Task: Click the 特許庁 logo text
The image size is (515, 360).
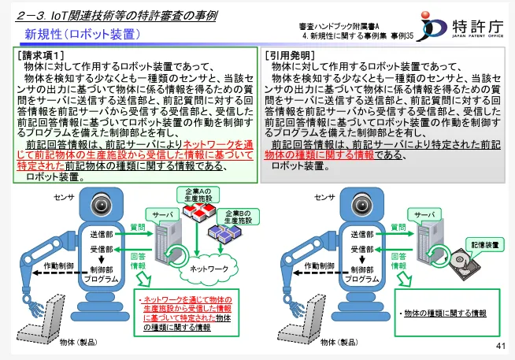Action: pyautogui.click(x=477, y=26)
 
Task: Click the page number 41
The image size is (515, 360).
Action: pyautogui.click(x=501, y=346)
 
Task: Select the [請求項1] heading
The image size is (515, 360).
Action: pyautogui.click(x=41, y=55)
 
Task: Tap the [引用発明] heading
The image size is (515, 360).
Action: pyautogui.click(x=291, y=55)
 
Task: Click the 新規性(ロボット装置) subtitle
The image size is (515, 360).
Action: pyautogui.click(x=83, y=35)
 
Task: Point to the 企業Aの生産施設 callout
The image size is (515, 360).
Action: pyautogui.click(x=198, y=195)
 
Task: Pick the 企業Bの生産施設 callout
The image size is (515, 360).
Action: pyautogui.click(x=238, y=217)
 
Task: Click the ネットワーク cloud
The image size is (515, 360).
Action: pyautogui.click(x=209, y=269)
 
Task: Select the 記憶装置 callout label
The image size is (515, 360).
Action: pyautogui.click(x=485, y=245)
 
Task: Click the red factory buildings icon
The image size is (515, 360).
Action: pyautogui.click(x=198, y=211)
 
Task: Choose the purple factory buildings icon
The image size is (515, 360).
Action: pyautogui.click(x=224, y=233)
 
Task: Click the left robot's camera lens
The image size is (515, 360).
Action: pyautogui.click(x=102, y=205)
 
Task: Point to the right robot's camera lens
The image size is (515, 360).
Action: pyautogui.click(x=361, y=205)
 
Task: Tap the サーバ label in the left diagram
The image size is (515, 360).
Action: pyautogui.click(x=162, y=215)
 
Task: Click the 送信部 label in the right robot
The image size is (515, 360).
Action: pyautogui.click(x=362, y=234)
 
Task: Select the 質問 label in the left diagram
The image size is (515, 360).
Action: pyautogui.click(x=138, y=228)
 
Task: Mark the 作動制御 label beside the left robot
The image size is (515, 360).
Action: pyautogui.click(x=59, y=265)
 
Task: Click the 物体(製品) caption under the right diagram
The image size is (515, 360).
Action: pyautogui.click(x=339, y=342)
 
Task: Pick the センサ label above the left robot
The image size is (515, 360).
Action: pyautogui.click(x=64, y=197)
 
